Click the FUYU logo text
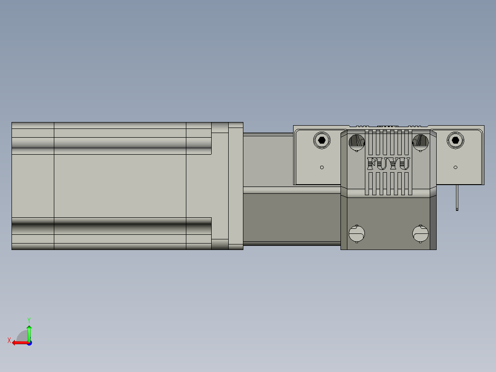(389, 163)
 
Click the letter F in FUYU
(372, 163)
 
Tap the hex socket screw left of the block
(322, 140)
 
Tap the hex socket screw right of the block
(455, 140)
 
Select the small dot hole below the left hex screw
(322, 168)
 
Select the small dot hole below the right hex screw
(456, 168)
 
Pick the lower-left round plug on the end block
(357, 233)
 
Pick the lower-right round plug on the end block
(420, 233)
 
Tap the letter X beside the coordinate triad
(9, 341)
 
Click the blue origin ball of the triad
(29, 343)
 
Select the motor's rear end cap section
(33, 186)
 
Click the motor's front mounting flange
(236, 186)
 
